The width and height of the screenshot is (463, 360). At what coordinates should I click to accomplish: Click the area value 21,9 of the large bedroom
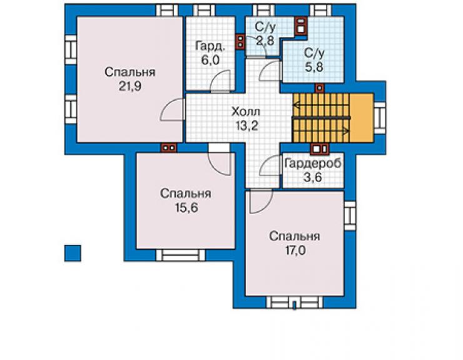130,86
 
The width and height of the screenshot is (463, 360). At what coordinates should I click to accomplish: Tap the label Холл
246,112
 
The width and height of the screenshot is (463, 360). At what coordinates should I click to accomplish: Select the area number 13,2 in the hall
247,126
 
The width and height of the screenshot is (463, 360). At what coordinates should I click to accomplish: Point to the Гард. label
210,46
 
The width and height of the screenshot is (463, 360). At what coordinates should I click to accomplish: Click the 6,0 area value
210,60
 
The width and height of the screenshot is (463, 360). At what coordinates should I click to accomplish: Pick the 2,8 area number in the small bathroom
265,41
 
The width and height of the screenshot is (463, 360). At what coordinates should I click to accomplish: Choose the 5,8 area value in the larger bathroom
314,67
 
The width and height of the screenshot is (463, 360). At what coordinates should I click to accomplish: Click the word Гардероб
313,163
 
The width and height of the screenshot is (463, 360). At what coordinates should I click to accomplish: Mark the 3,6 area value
313,177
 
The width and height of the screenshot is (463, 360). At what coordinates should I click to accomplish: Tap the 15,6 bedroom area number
186,208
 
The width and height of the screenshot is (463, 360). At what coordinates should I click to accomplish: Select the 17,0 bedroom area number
295,250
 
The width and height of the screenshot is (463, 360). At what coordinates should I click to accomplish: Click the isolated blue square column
73,254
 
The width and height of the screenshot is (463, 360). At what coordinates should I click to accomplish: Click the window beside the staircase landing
380,118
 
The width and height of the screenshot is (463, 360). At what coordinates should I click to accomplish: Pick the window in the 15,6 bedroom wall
180,255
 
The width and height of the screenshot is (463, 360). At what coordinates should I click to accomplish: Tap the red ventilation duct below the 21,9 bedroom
168,148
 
